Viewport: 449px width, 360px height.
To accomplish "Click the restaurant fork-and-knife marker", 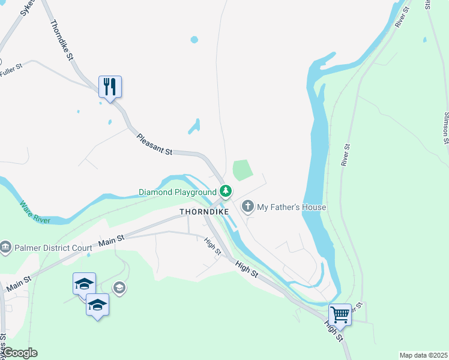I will pyautogui.click(x=110, y=87).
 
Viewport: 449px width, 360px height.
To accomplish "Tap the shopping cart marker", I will pyautogui.click(x=340, y=314).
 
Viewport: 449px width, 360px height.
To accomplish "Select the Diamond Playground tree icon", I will pyautogui.click(x=225, y=192).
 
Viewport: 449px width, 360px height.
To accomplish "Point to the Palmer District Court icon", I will pyautogui.click(x=6, y=247).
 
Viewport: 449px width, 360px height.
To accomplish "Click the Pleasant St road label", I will pyautogui.click(x=154, y=145).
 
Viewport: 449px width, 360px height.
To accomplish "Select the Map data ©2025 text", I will pyautogui.click(x=423, y=355).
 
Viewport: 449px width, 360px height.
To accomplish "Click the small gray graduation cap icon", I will pyautogui.click(x=119, y=289).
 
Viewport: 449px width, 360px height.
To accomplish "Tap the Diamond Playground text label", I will pyautogui.click(x=178, y=192).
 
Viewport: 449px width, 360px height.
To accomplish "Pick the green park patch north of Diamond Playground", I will pyautogui.click(x=241, y=170).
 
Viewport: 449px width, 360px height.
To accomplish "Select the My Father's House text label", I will pyautogui.click(x=292, y=208).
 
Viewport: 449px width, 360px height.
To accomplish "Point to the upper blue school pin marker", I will pyautogui.click(x=84, y=283).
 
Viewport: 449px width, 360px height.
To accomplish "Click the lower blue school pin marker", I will pyautogui.click(x=97, y=305).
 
